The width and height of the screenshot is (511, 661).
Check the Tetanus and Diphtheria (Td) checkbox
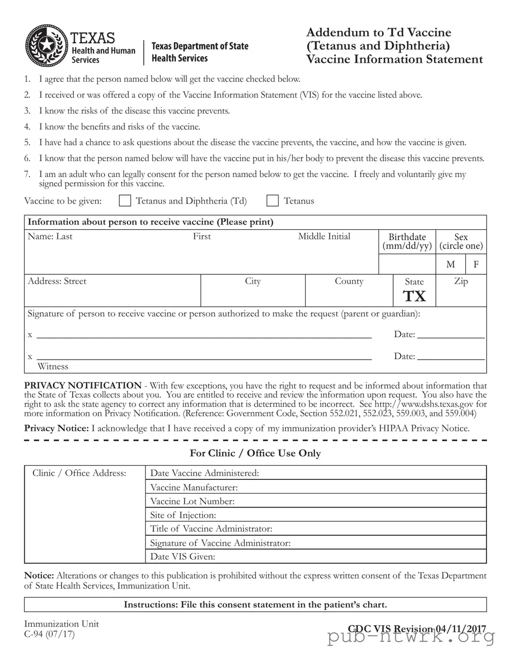[125, 201]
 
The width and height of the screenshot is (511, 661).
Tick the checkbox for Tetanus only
[272, 201]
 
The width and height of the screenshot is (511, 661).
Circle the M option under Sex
[451, 265]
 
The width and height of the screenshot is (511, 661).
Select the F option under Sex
[476, 265]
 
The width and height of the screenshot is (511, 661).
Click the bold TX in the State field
[414, 296]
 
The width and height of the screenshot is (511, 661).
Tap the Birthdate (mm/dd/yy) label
[407, 241]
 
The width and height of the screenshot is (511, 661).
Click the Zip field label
[461, 281]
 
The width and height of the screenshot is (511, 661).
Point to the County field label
[349, 281]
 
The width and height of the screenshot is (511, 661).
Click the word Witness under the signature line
[53, 366]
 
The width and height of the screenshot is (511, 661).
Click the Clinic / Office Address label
[79, 473]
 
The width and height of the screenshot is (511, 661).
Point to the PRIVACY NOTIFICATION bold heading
[83, 385]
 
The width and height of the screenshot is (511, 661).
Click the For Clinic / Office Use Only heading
[255, 453]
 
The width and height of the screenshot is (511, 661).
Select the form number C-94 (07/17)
[49, 634]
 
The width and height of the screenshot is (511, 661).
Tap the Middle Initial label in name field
[324, 236]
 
